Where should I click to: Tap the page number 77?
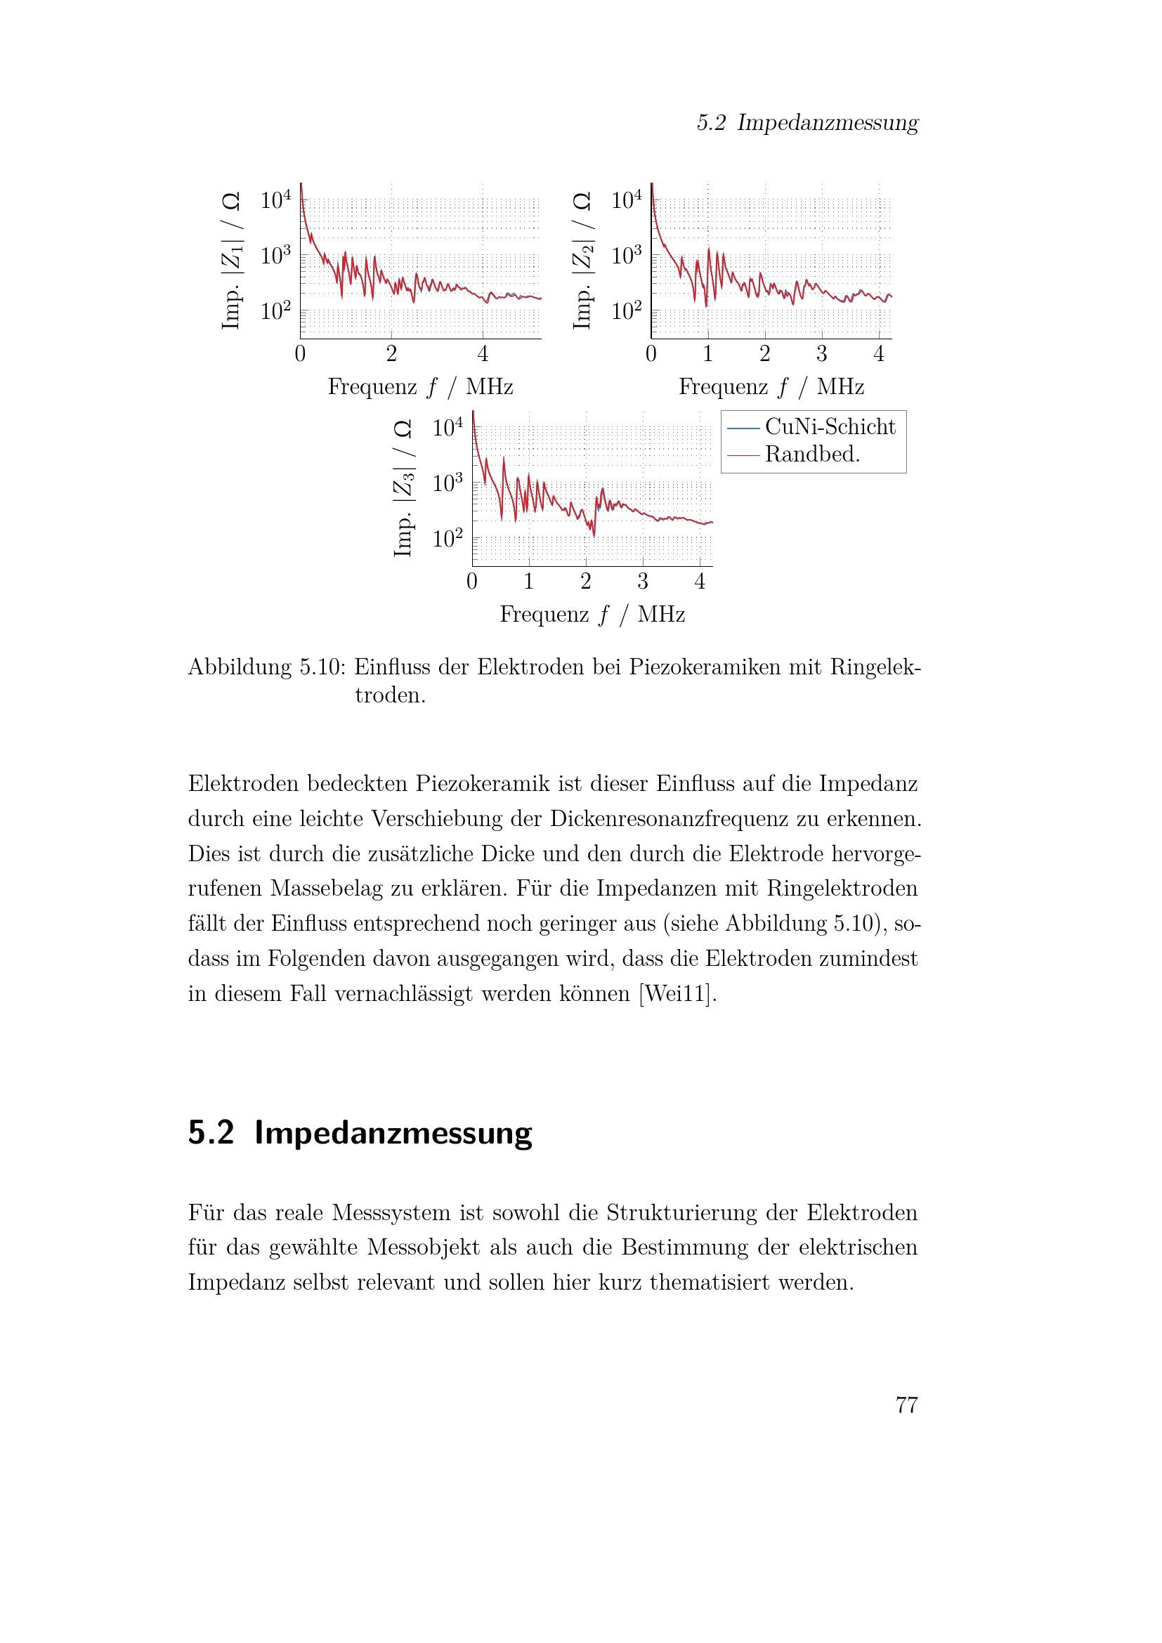click(906, 1405)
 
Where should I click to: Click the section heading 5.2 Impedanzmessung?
click(360, 1133)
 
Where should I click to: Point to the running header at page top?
click(807, 122)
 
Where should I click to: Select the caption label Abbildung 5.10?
click(266, 667)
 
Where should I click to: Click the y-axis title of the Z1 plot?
click(231, 261)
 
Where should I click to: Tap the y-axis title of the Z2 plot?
click(582, 261)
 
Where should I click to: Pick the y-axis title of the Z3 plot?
click(403, 488)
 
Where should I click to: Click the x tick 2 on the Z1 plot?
click(391, 353)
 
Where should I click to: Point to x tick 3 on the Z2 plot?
click(821, 353)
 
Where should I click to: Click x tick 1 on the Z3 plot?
click(529, 581)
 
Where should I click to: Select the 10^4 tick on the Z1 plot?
click(275, 199)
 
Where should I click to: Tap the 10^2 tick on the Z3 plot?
click(448, 538)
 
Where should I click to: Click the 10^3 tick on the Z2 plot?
click(626, 256)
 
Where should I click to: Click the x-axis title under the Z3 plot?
click(592, 614)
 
